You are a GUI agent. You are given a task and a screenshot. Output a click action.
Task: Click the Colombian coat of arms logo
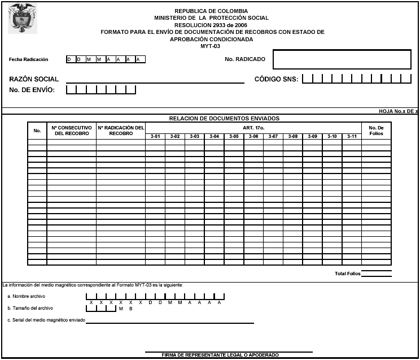pos(22,18)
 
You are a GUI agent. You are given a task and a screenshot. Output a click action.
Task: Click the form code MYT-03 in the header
pos(211,46)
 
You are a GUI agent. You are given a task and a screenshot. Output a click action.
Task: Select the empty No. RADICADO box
pos(342,59)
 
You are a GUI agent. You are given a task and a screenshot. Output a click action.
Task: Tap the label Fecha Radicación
pos(29,59)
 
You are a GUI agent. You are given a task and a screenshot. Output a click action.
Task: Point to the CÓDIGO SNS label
pos(276,79)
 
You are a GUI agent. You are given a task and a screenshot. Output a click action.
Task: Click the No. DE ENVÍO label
pos(32,90)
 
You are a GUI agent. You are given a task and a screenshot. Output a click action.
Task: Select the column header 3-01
pos(155,136)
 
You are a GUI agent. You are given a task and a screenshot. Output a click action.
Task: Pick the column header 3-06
pos(253,136)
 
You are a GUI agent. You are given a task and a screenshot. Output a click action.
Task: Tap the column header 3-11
pos(352,136)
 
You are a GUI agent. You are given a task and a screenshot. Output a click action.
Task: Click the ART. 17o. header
pos(253,128)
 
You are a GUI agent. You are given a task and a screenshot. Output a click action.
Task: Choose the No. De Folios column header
pos(376,131)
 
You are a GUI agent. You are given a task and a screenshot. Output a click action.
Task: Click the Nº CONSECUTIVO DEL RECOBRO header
pos(72,131)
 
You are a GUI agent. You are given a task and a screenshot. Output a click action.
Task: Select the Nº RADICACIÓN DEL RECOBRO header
pos(121,131)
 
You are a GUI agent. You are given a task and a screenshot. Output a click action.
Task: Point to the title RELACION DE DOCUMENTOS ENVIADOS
pos(224,119)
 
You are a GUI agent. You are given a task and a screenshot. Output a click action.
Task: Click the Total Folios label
pos(347,274)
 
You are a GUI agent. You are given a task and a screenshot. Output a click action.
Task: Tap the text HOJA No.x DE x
pos(398,111)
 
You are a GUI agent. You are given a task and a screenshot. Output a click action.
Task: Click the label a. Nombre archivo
pos(26,296)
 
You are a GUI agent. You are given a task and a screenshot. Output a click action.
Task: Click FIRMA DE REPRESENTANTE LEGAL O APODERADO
pos(220,355)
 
